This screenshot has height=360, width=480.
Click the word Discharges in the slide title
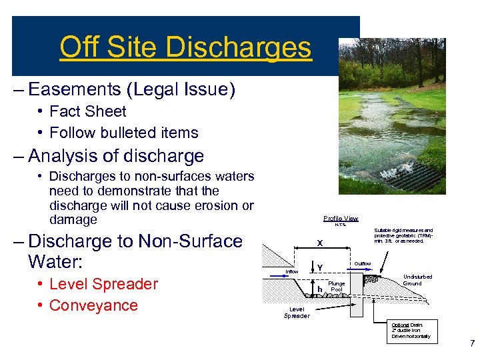238,47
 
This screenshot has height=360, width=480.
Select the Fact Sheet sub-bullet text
87,111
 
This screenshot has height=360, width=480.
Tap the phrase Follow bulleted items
123,133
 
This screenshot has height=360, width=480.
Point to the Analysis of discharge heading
116,157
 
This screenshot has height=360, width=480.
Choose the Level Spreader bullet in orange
103,284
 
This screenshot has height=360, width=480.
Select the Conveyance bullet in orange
93,305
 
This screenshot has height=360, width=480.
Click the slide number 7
472,344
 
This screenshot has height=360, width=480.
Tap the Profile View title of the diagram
341,219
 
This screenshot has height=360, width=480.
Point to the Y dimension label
320,268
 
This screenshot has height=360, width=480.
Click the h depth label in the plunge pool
320,289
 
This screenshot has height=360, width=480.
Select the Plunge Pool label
337,287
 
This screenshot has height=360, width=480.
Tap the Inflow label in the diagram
291,271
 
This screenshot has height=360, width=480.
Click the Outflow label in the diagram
363,264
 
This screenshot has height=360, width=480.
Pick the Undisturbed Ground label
417,280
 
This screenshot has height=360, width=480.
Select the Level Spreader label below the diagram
297,313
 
